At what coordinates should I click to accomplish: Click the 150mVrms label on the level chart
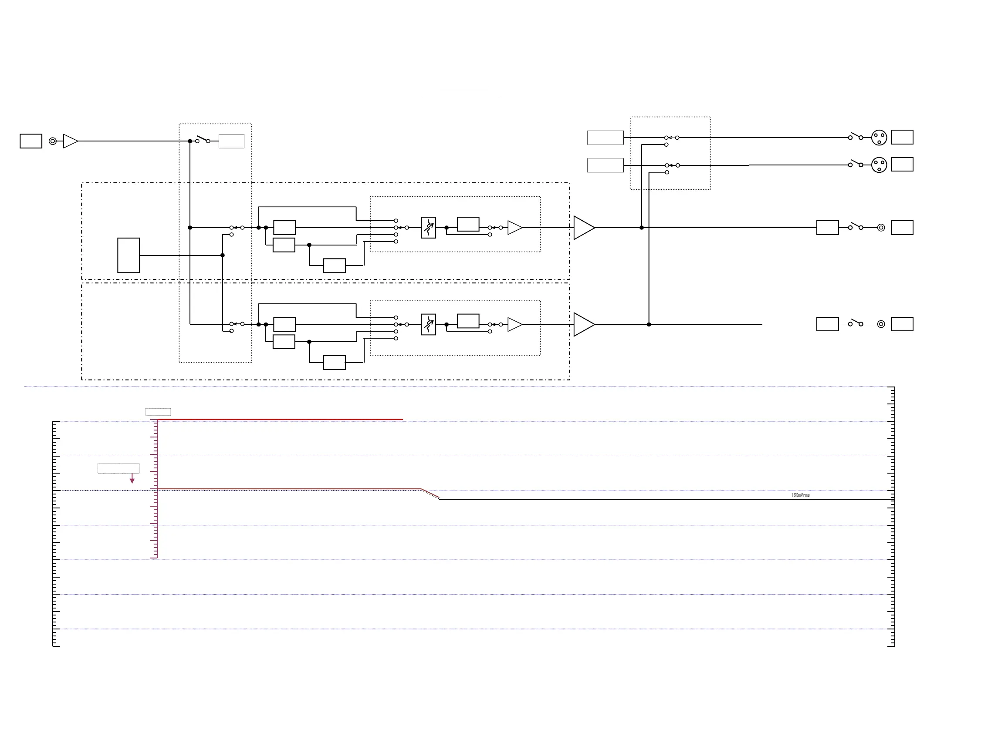coord(800,495)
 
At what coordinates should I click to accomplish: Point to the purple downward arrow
coord(132,479)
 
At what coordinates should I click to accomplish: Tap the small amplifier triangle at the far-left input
coord(70,141)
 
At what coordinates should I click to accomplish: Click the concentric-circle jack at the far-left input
coord(53,141)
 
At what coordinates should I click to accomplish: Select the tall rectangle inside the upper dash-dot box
coord(129,255)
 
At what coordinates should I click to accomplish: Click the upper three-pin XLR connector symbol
coord(879,138)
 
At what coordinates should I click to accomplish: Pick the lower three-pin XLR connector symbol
coord(879,165)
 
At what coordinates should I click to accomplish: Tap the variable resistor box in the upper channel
coord(428,228)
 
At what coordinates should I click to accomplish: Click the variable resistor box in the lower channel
coord(428,324)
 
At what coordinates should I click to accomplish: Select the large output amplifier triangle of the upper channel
coord(583,228)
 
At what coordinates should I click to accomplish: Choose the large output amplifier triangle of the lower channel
coord(583,324)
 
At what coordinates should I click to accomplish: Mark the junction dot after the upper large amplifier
coord(641,228)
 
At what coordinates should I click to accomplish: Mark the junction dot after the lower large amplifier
coord(649,324)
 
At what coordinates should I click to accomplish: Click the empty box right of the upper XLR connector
coord(902,137)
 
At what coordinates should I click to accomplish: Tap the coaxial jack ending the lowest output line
coord(881,324)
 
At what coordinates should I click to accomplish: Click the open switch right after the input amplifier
coord(203,139)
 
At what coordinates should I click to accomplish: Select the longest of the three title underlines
coord(461,96)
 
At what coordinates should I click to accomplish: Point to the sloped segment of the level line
coord(430,494)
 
